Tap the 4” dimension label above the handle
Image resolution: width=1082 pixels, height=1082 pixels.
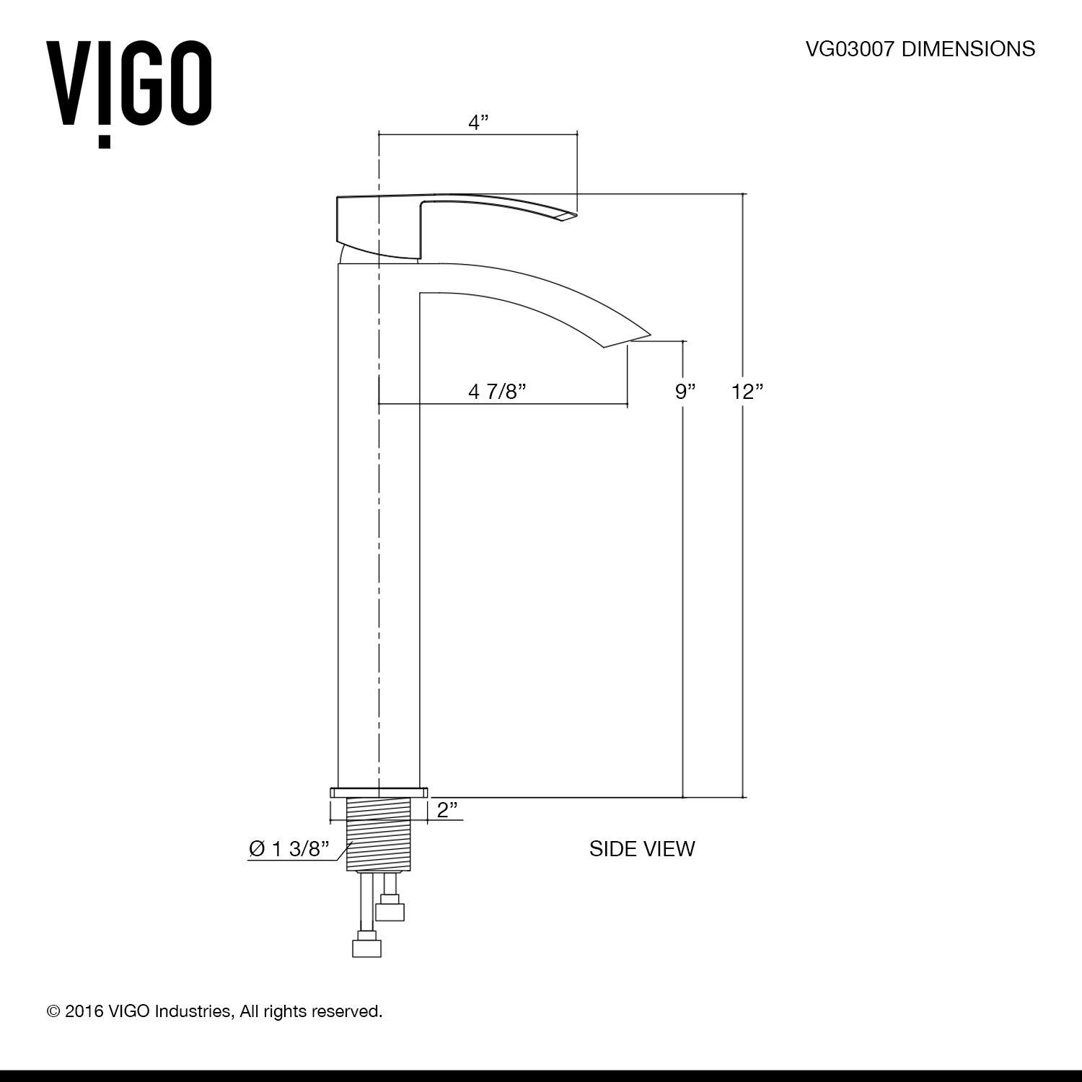pyautogui.click(x=478, y=123)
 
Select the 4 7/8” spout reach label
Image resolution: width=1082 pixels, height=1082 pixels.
pyautogui.click(x=497, y=392)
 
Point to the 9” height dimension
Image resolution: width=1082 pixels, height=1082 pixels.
pyautogui.click(x=686, y=392)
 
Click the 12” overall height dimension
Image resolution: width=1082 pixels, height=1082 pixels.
pyautogui.click(x=747, y=392)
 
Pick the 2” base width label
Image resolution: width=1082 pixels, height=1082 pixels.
pyautogui.click(x=448, y=809)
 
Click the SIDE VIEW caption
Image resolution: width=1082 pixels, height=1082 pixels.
pyautogui.click(x=642, y=849)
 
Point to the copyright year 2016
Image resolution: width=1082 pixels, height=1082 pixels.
pyautogui.click(x=84, y=1011)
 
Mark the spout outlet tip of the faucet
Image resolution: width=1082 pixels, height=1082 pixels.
pyautogui.click(x=638, y=340)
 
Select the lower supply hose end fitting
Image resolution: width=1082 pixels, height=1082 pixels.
pyautogui.click(x=366, y=947)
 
